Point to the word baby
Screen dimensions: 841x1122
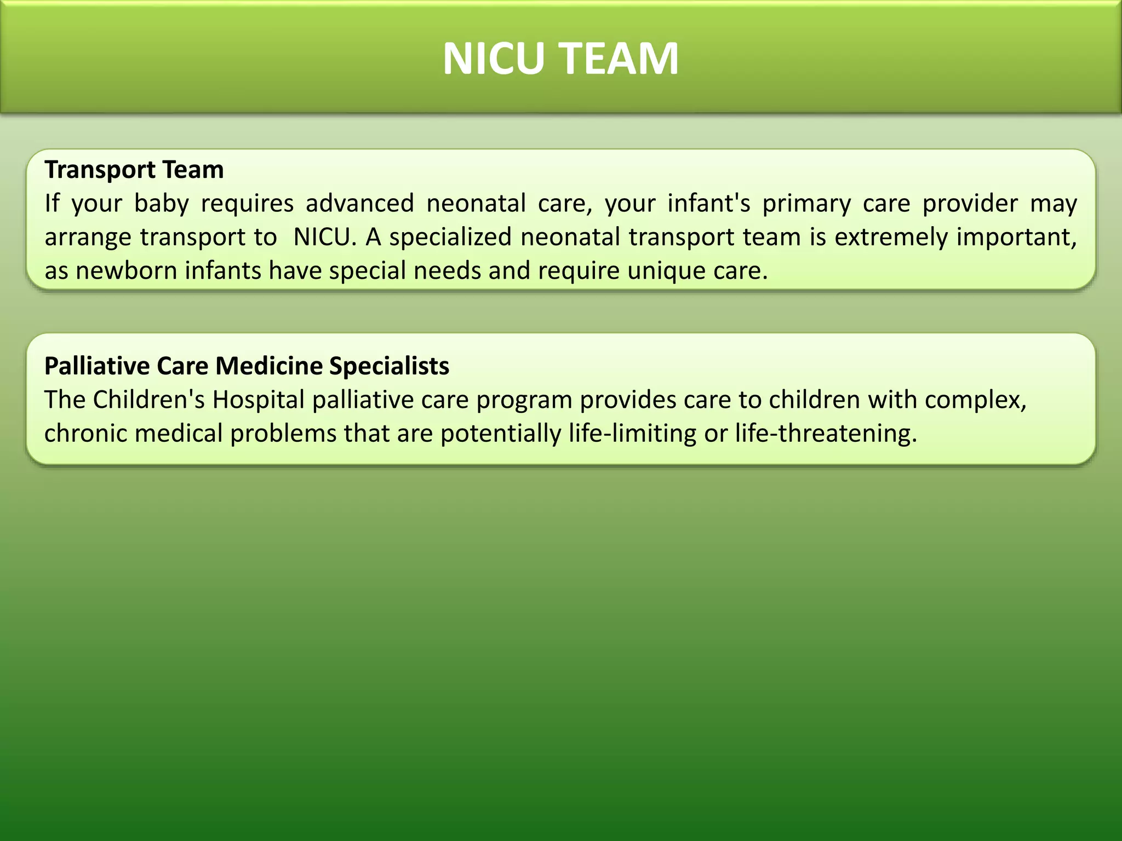click(x=161, y=204)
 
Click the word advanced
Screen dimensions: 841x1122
click(x=359, y=204)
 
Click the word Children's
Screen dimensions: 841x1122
click(x=148, y=400)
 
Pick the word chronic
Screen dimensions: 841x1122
click(x=85, y=434)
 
